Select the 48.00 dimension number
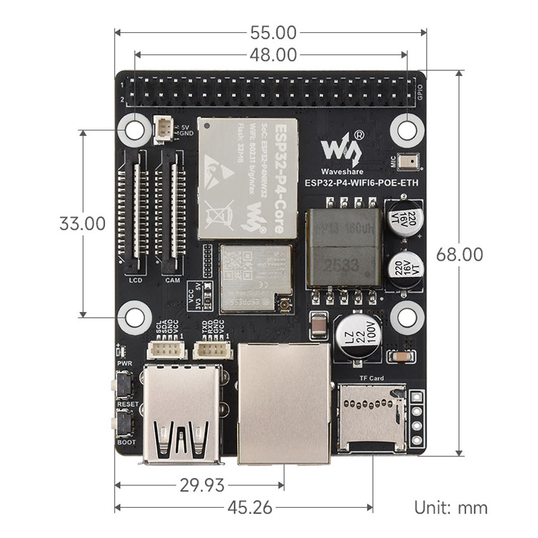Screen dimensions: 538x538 coord(273,55)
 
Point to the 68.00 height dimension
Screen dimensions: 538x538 coord(460,254)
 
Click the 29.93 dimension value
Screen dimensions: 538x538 coord(201,485)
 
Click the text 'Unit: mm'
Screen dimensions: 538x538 coord(451,508)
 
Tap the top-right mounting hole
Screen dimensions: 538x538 coord(406,130)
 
